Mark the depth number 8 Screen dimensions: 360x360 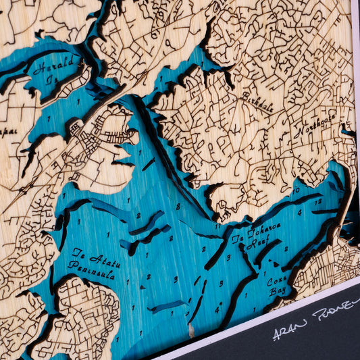click(x=178, y=207)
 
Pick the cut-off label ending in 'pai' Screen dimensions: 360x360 click(x=8, y=126)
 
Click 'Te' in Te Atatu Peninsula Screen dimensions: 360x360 click(x=78, y=253)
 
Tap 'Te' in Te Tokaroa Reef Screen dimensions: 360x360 click(x=237, y=240)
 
